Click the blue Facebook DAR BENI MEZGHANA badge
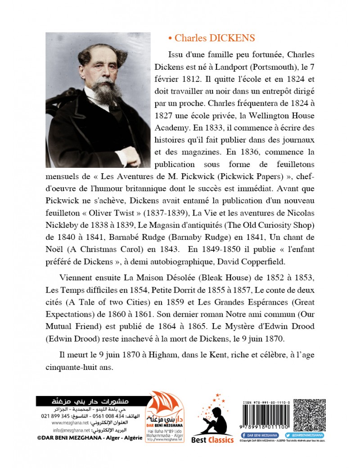tap(261, 436)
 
